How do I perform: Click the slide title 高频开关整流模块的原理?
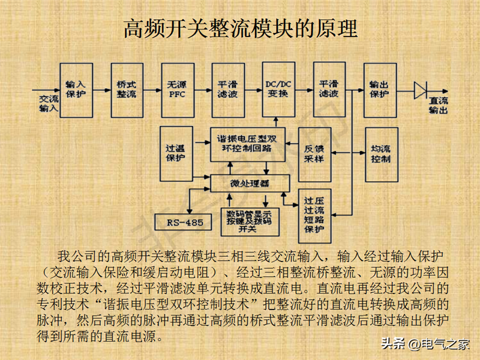[240, 28]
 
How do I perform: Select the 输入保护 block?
[76, 90]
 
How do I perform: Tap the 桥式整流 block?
[127, 90]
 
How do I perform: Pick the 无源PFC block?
[177, 90]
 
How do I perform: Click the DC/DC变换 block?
[277, 90]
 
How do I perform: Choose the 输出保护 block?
[379, 90]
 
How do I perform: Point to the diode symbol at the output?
[419, 90]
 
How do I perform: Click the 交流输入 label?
[49, 104]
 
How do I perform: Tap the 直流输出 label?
[439, 106]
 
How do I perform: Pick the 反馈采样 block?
[314, 154]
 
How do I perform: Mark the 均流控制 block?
[380, 154]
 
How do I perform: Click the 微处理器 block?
[250, 183]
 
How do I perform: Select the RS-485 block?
[185, 223]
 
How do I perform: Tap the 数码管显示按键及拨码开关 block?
[250, 220]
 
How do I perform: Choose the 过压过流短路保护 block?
[314, 215]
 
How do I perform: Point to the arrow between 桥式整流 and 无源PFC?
[152, 90]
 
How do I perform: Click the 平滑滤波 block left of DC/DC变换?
[227, 90]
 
